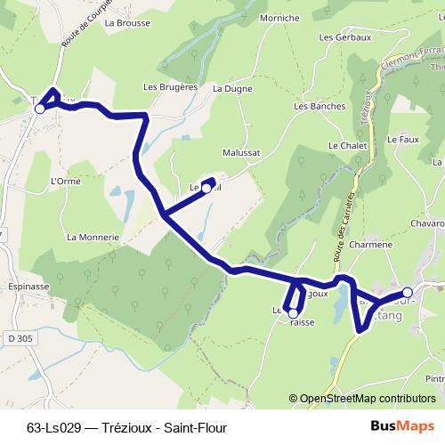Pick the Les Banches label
click(x=314, y=107)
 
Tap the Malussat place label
click(x=241, y=152)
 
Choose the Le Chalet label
click(x=347, y=145)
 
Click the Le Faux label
click(x=403, y=140)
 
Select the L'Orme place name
click(x=66, y=181)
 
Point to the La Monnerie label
click(x=93, y=238)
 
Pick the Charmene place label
click(x=371, y=244)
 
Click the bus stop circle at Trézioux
click(x=40, y=109)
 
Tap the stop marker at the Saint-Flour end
click(x=408, y=292)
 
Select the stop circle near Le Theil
click(x=206, y=188)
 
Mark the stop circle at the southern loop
click(x=293, y=313)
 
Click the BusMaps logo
click(x=402, y=426)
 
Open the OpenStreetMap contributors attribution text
click(x=367, y=399)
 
